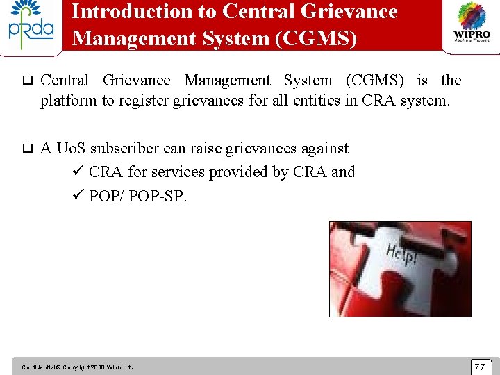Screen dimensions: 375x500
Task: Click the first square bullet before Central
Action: coord(27,81)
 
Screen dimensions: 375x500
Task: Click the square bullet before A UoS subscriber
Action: coord(27,149)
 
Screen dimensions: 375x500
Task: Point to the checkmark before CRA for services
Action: coord(78,172)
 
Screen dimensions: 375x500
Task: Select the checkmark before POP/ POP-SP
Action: coord(78,196)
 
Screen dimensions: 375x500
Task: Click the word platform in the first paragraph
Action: coord(68,101)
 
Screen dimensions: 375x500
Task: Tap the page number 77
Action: coord(479,366)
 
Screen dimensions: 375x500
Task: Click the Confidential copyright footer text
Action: coord(78,367)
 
